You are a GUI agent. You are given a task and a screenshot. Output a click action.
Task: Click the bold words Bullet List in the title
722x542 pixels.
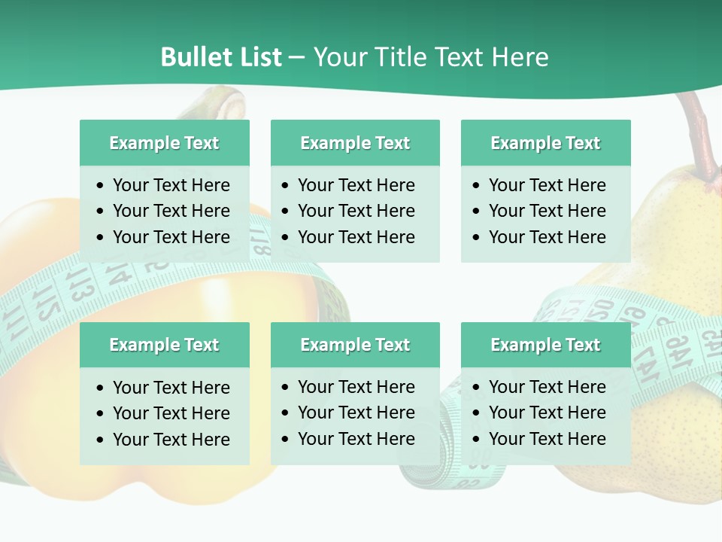(x=221, y=57)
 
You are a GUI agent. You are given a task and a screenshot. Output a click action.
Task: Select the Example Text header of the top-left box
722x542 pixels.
(x=164, y=143)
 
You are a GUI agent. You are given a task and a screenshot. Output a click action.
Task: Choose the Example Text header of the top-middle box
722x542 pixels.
(x=355, y=143)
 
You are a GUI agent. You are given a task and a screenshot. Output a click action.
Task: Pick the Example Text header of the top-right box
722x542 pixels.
(x=545, y=143)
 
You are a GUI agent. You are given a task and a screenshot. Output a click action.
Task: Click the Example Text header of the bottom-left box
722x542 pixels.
(x=164, y=345)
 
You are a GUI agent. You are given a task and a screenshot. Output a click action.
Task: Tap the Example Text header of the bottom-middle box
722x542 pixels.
(x=355, y=345)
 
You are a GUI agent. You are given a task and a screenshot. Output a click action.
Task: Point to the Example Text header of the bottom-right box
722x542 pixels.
(x=545, y=345)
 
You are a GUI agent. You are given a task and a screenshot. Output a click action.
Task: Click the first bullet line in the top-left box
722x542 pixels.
(x=171, y=185)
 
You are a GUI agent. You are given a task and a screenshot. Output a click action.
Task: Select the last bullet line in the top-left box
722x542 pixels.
(x=171, y=237)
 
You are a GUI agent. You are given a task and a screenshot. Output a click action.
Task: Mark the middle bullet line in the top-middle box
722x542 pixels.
(x=356, y=211)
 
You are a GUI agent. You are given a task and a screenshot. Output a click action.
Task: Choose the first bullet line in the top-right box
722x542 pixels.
(x=547, y=185)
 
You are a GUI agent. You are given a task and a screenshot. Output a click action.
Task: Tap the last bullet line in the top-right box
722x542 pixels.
(x=547, y=237)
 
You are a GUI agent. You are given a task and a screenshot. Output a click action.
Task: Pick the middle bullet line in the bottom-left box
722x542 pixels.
(x=171, y=413)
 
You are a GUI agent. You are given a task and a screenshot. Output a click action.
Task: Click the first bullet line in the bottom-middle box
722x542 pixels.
(x=356, y=387)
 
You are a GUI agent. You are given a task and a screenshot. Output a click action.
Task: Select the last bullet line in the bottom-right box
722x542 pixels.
(x=547, y=439)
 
